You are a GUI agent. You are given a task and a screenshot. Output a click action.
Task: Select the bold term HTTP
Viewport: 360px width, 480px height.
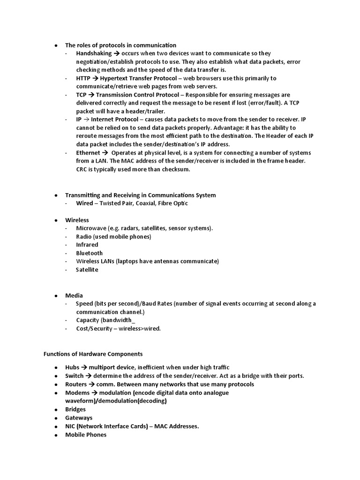[x=83, y=78]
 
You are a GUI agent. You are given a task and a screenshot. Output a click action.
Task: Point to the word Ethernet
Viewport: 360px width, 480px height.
[x=88, y=153]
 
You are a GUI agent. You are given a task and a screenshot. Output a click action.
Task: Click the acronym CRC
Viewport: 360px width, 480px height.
[x=82, y=169]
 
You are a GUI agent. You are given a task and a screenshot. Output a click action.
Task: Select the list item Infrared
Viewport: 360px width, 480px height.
[x=87, y=245]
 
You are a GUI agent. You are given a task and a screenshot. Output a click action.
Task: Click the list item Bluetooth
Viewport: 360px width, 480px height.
[x=89, y=253]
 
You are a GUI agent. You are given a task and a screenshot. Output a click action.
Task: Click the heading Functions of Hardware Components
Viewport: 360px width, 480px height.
[x=93, y=353]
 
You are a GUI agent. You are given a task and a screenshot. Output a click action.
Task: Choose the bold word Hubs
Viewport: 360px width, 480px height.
[x=72, y=367]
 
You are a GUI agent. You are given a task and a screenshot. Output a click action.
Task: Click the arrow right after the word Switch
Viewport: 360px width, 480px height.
[x=89, y=376]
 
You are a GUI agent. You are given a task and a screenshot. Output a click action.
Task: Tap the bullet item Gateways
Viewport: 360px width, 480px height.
[x=79, y=418]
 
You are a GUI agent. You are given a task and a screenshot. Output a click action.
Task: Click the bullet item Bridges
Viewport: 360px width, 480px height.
[x=75, y=409]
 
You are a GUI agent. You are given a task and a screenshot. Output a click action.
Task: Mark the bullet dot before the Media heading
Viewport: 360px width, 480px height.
[x=56, y=296]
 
